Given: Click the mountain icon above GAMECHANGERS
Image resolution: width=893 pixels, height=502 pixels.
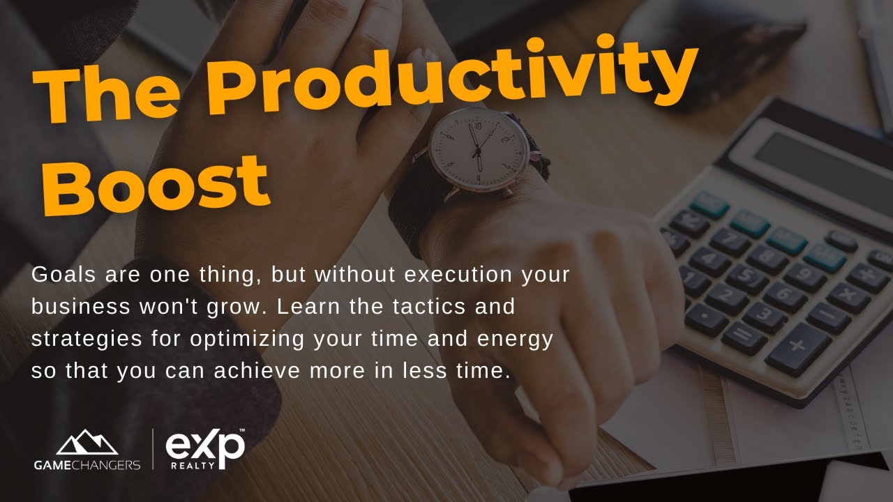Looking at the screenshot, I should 87,443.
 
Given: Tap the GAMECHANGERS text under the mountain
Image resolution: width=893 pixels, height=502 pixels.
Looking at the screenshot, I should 87,464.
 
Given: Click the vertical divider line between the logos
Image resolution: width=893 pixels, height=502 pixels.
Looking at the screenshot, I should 153,450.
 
